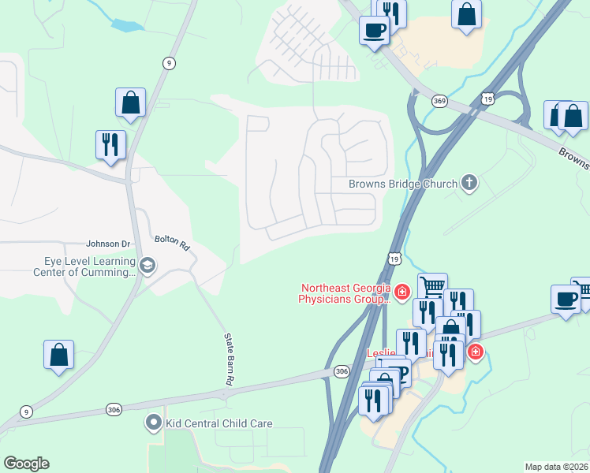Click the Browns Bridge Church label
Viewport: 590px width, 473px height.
[403, 184]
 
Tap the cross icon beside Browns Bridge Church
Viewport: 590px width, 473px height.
[469, 184]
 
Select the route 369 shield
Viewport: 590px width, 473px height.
[439, 100]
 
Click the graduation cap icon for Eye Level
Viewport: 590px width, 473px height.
[147, 266]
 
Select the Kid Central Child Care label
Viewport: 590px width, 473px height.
[218, 423]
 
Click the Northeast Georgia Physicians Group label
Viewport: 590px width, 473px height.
[344, 293]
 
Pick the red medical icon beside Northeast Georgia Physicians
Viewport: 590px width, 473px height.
[402, 293]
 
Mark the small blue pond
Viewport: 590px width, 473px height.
[127, 25]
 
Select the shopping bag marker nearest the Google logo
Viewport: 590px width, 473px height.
[59, 355]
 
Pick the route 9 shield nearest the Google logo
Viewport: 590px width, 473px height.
[27, 411]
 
